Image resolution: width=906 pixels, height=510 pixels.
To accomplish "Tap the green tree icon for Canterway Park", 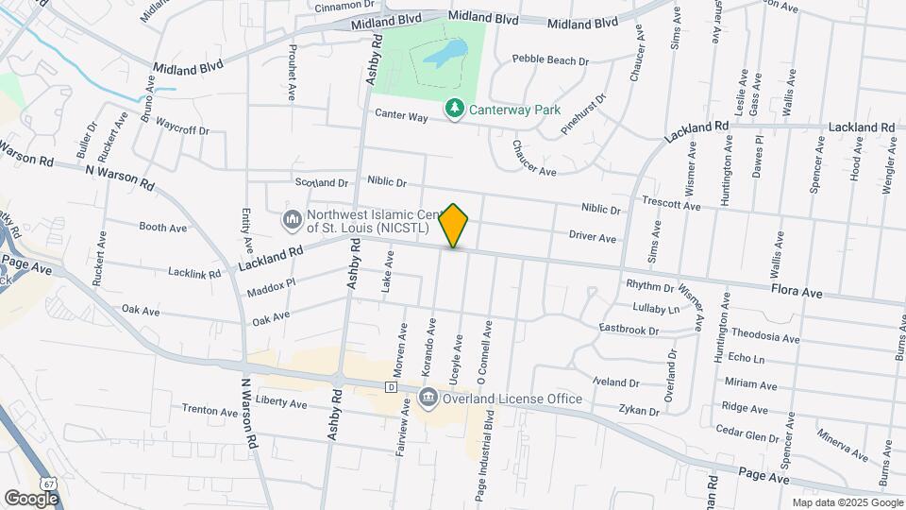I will click(455, 110).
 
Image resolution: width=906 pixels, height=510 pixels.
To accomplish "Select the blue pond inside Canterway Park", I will click(444, 54).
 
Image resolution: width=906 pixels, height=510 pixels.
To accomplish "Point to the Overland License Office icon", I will click(428, 398).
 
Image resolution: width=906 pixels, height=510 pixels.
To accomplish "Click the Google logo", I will click(31, 498).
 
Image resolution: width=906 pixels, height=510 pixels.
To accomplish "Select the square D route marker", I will click(390, 387).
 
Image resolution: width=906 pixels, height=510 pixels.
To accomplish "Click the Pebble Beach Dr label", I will click(550, 59).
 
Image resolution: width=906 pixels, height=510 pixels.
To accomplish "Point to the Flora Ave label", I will click(797, 293).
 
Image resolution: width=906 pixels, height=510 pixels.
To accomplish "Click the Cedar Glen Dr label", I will click(752, 430).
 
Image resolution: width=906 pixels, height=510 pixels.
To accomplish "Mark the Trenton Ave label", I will click(210, 411).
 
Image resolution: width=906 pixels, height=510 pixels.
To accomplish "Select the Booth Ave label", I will click(162, 228).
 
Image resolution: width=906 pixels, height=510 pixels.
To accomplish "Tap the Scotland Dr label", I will click(322, 182).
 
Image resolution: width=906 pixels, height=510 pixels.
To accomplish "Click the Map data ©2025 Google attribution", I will click(847, 502).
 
